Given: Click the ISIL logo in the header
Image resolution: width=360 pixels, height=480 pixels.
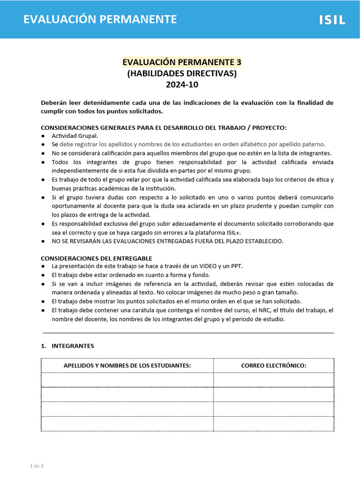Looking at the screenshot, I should coord(332,20).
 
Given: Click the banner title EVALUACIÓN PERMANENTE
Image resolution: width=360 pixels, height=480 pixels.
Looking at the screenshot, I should coord(100,19).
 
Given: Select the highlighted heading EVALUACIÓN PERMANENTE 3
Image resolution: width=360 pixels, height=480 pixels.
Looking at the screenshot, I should coord(182,62).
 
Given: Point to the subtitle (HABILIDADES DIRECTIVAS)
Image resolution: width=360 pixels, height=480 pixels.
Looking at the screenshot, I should coord(182,74).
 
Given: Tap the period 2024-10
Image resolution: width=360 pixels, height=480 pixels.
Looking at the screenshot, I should coord(182,85).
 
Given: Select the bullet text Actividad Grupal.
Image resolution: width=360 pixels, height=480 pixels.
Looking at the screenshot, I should coord(75,135).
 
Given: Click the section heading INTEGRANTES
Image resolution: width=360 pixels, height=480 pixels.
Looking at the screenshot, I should coord(73,346).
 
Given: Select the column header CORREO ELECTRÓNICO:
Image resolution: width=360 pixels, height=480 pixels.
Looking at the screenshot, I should coord(274,366).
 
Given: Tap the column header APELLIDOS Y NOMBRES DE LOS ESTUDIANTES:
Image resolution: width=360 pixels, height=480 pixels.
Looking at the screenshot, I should coord(127,366).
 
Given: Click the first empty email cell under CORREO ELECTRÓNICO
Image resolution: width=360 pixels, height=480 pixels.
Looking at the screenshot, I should coord(274,380).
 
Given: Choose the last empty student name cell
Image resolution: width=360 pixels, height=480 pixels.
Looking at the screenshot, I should coord(127,424).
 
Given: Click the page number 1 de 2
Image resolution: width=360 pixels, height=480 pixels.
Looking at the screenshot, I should coord(37,466).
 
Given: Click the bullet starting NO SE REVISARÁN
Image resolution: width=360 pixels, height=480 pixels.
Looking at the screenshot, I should coord(167,241).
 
